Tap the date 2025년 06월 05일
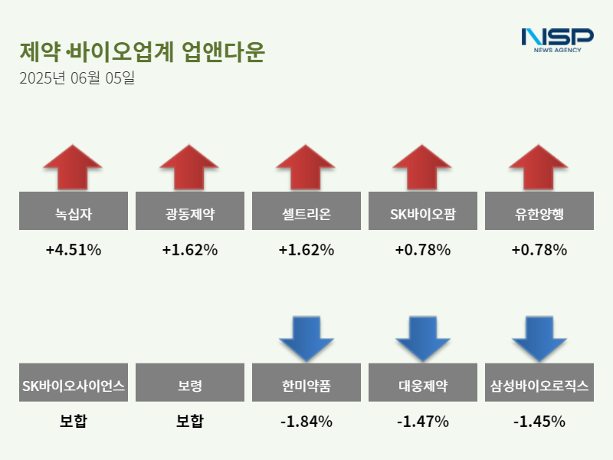[77, 78]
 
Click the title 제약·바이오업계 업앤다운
[142, 51]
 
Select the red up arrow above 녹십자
[73, 166]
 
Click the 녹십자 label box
[73, 211]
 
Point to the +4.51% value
[73, 250]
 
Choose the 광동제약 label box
[189, 211]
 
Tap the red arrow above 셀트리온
[306, 166]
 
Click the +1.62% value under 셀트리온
[306, 250]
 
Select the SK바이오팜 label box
[422, 211]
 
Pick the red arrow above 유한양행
[539, 166]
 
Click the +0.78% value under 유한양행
[539, 250]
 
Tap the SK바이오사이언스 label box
[73, 383]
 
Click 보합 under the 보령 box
[189, 422]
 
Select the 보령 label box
[189, 383]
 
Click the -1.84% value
[306, 422]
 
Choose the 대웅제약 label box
[422, 383]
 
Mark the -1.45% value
[539, 422]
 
